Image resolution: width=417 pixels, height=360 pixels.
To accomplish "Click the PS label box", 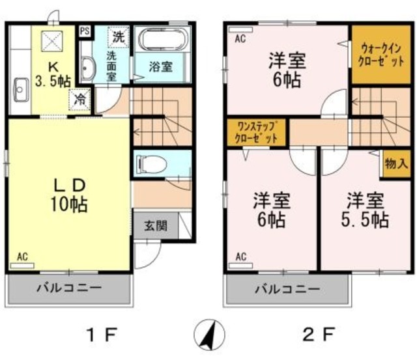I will (x=85, y=31).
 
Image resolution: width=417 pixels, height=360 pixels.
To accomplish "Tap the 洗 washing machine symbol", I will (x=117, y=37).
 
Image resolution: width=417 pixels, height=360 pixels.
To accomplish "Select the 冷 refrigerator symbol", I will (x=79, y=100).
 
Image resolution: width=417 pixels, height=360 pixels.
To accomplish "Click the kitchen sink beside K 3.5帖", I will (x=19, y=88).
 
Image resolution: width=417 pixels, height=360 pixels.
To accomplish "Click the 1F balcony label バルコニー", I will (x=68, y=287).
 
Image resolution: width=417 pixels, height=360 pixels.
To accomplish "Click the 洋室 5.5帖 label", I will (x=363, y=210).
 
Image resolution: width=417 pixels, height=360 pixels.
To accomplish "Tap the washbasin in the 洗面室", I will (x=87, y=66).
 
